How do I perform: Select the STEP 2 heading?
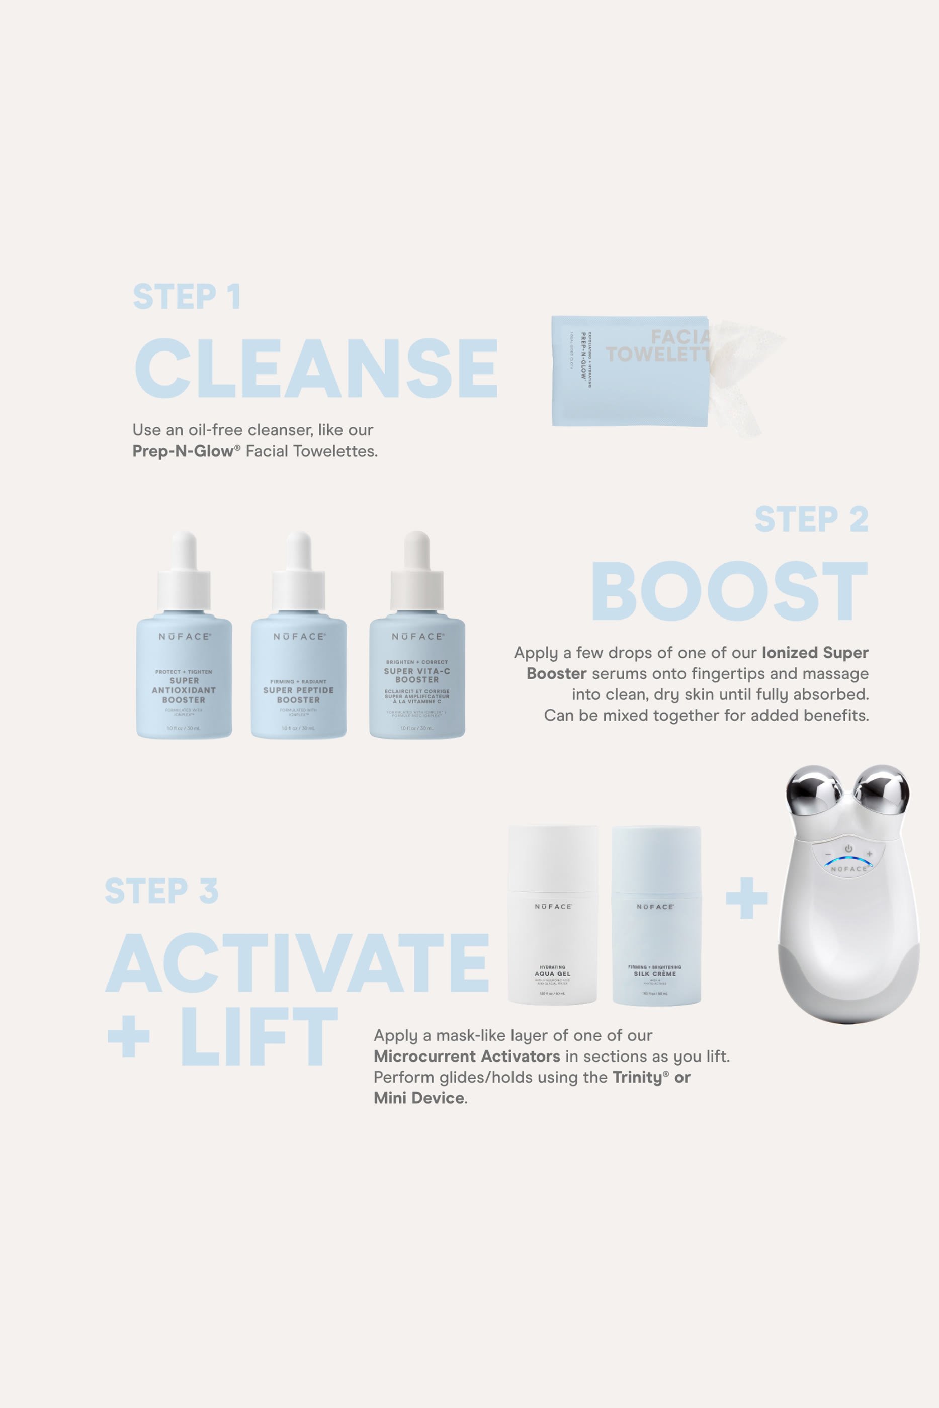pos(811,519)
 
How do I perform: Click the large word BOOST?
pos(729,591)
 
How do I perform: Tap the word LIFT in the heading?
pos(259,1036)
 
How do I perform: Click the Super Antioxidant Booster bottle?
pos(184,676)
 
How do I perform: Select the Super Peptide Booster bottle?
pos(298,676)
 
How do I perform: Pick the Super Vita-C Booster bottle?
pos(417,676)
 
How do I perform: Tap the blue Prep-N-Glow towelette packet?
pos(629,371)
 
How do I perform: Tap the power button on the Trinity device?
pos(848,849)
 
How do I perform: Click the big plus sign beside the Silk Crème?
pos(746,898)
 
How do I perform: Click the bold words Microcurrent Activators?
pos(467,1056)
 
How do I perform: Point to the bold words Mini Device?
pos(418,1098)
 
